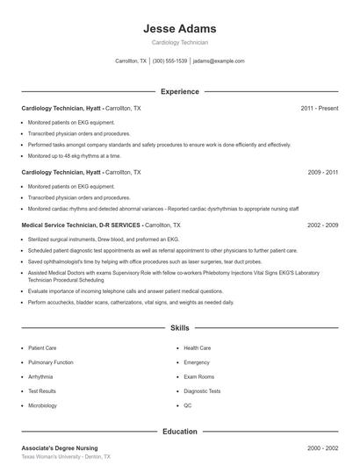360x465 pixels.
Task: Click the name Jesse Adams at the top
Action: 179,29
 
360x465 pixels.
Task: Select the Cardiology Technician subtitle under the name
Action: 179,42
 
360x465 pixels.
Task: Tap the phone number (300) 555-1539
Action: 170,61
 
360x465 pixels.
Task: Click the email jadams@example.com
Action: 219,61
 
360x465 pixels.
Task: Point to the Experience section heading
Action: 179,91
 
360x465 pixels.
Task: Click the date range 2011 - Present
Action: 319,108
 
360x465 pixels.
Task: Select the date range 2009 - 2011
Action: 322,173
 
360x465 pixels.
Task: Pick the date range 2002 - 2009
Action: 322,225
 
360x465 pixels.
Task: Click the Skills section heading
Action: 179,328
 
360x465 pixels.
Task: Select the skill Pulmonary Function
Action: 51,362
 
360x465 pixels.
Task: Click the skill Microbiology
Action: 43,405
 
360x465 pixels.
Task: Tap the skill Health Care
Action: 198,348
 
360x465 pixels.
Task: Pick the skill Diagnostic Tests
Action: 202,391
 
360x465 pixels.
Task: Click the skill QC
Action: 188,405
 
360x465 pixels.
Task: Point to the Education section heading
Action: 179,432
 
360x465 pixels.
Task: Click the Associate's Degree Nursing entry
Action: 60,448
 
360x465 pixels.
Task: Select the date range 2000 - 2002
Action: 322,448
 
